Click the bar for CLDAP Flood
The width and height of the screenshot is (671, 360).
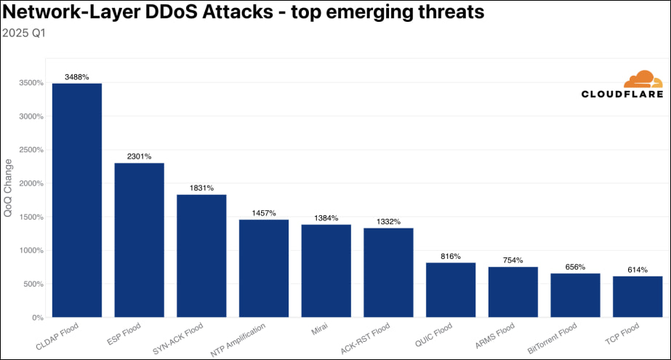click(76, 200)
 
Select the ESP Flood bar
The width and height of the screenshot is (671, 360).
click(139, 240)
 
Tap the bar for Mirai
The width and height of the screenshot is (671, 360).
click(326, 271)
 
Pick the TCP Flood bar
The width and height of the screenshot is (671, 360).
click(638, 297)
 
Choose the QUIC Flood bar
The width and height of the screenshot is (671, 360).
click(451, 289)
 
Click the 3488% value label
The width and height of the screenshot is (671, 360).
click(77, 77)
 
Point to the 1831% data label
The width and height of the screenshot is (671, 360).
click(201, 188)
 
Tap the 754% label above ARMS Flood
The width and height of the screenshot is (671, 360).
click(513, 260)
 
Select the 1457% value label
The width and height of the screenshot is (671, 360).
click(264, 213)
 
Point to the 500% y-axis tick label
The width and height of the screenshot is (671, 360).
click(34, 284)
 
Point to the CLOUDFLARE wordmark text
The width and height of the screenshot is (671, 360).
click(622, 95)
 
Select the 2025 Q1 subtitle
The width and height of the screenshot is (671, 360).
click(24, 33)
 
